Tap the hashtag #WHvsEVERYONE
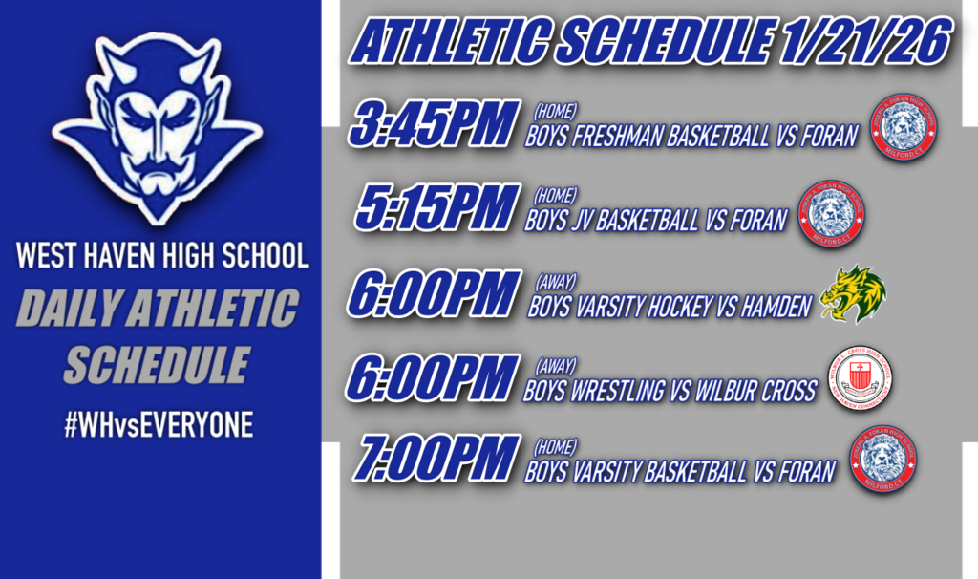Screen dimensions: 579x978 [158, 426]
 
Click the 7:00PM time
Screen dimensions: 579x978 [435, 460]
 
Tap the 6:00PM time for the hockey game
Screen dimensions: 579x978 [435, 293]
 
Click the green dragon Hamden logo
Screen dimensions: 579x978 [853, 293]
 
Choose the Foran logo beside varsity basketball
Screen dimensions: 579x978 [882, 460]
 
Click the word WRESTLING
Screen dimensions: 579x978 [621, 390]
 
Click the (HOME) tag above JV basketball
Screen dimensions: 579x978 [554, 197]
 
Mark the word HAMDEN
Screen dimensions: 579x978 [776, 306]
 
